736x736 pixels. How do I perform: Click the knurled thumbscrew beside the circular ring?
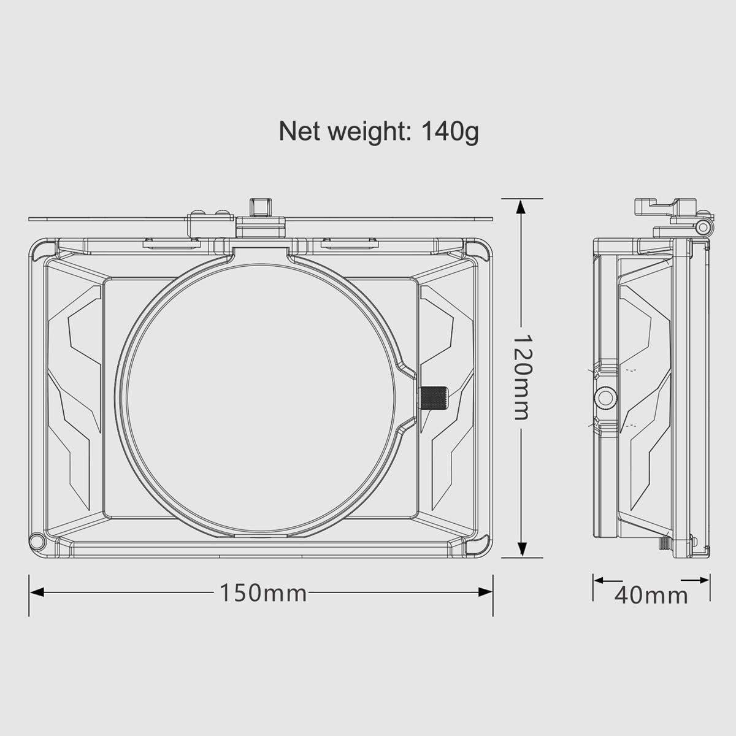click(434, 399)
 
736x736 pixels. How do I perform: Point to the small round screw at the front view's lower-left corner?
click(37, 541)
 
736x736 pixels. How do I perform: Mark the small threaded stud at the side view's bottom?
click(664, 543)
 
